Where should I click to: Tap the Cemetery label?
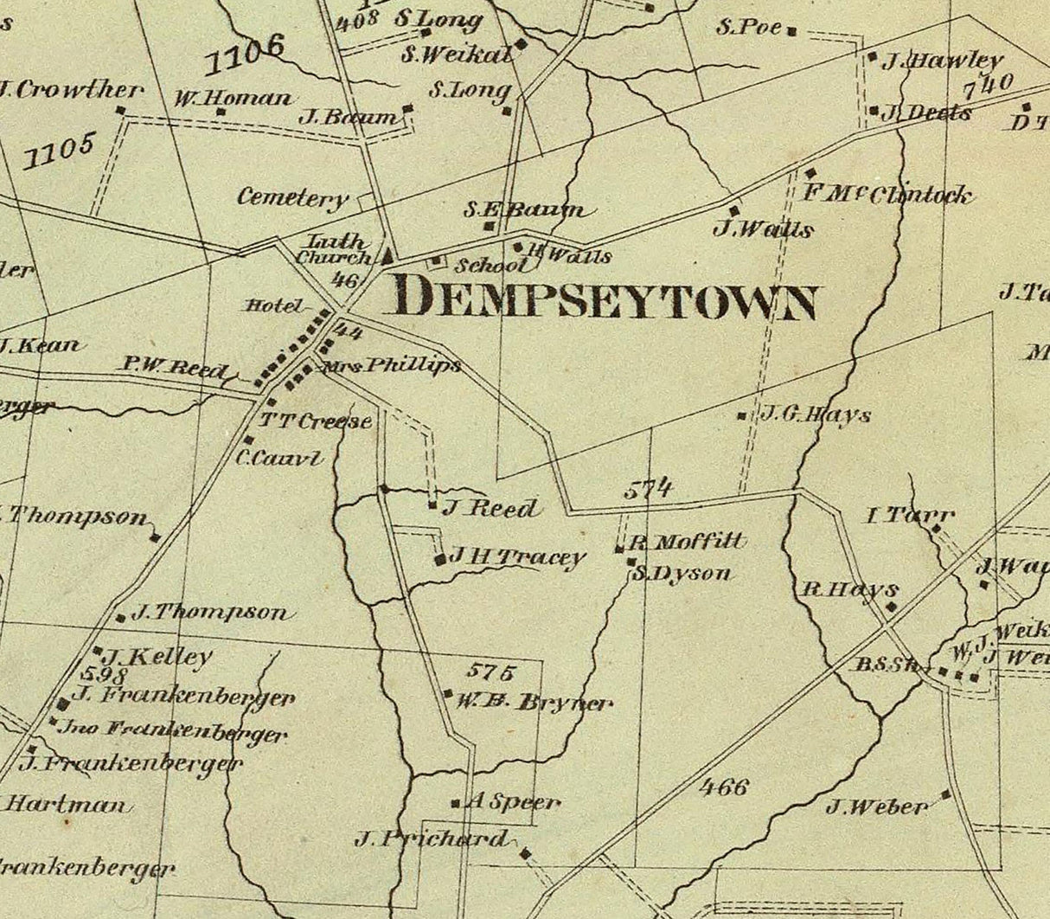[x=292, y=198]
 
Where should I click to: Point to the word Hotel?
[x=272, y=305]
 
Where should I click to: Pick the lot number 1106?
[x=245, y=55]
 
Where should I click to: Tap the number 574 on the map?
[x=649, y=488]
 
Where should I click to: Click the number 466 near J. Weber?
[x=723, y=787]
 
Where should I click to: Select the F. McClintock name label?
[x=887, y=194]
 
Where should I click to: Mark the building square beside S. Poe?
[x=791, y=32]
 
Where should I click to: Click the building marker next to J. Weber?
[x=945, y=794]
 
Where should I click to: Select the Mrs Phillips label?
[x=391, y=366]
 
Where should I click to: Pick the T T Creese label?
[x=316, y=421]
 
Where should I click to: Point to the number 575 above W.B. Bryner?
[x=490, y=670]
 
